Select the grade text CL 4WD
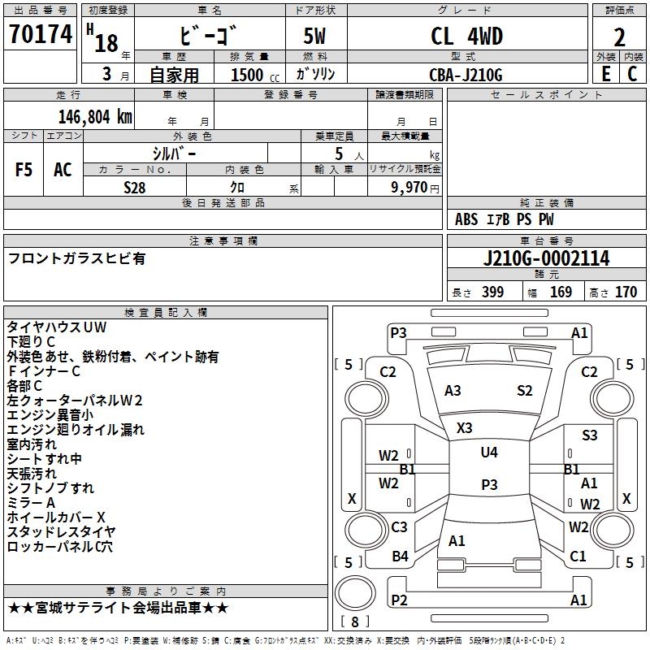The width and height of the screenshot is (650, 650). pos(466,37)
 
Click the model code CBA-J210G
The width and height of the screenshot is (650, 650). pos(466,75)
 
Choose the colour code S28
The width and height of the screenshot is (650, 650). pos(135,187)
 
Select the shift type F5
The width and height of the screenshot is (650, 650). pos(24,170)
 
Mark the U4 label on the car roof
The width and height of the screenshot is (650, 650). pos(489,453)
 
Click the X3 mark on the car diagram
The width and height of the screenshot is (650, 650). pos(465,427)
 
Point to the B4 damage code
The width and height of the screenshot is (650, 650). pos(400,557)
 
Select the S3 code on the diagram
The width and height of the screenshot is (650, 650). pos(590,435)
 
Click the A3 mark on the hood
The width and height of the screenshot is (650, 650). pos(453,391)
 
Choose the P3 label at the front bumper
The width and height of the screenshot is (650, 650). pos(398,332)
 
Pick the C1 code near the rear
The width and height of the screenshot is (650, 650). pos(578,557)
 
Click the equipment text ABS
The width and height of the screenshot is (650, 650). pos(466,219)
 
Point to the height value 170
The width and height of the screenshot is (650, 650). pos(626,292)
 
